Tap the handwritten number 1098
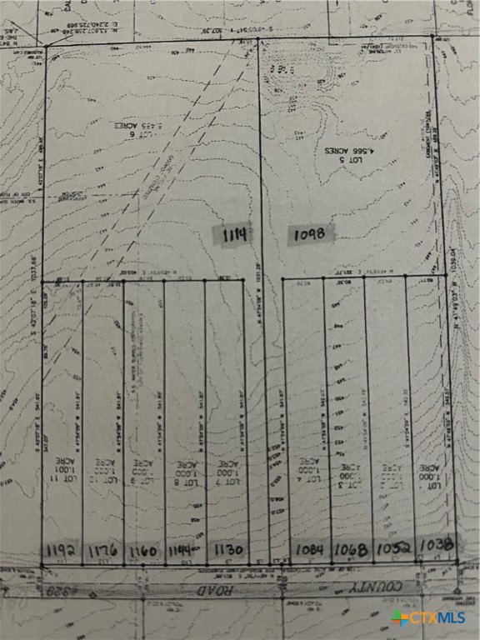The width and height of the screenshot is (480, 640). coord(312,234)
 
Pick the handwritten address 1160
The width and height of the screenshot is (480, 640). coord(143,550)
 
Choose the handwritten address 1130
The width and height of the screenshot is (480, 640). coord(227,550)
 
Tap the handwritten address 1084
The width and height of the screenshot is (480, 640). coord(311,549)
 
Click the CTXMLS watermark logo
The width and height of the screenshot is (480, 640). coord(428,617)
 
